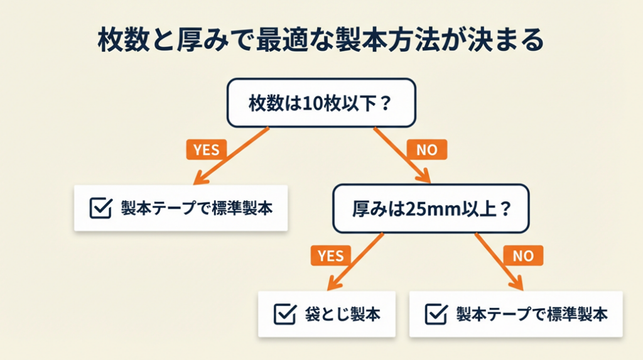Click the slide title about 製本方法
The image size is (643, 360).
[321, 41]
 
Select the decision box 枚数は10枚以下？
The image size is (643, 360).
[321, 103]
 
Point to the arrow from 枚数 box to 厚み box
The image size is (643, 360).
[402, 155]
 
